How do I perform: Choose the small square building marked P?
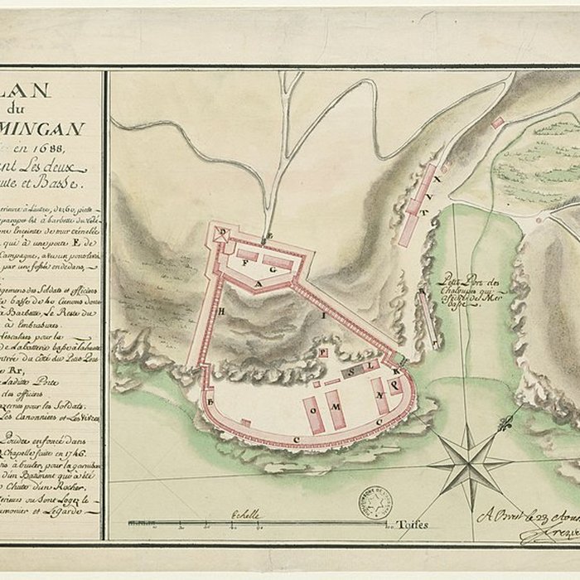coord(322,352)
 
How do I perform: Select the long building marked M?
coord(336,408)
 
